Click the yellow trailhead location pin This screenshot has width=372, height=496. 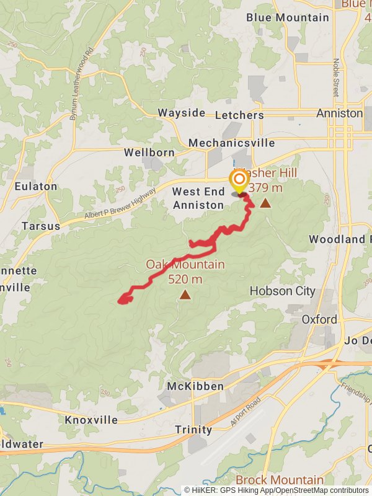[239, 181]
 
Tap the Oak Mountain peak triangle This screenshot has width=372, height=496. [185, 294]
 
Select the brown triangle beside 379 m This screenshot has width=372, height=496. [265, 203]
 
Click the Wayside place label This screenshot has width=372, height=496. [181, 113]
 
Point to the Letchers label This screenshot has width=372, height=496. [239, 115]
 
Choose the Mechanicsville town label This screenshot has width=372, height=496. [231, 143]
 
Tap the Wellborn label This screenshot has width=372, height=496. [146, 152]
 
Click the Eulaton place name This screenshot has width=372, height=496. [37, 186]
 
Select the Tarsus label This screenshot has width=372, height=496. [41, 226]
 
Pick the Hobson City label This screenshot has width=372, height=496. [282, 291]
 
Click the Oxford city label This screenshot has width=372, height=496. [319, 319]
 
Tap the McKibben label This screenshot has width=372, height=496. [195, 386]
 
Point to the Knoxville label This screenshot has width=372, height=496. [91, 420]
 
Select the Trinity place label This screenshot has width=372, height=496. [193, 430]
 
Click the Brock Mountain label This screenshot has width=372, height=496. [279, 480]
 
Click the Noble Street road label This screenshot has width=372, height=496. [336, 77]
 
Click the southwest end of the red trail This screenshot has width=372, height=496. [120, 301]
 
